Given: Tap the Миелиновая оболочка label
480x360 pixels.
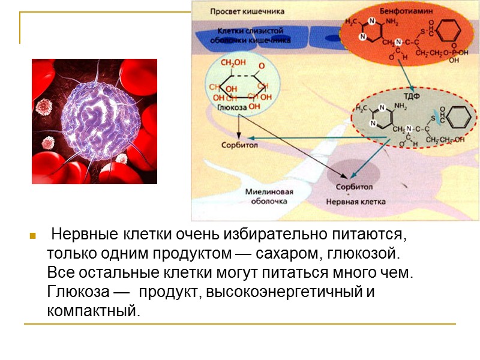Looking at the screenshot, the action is (269, 197).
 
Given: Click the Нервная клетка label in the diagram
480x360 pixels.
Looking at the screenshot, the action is (356, 202).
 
